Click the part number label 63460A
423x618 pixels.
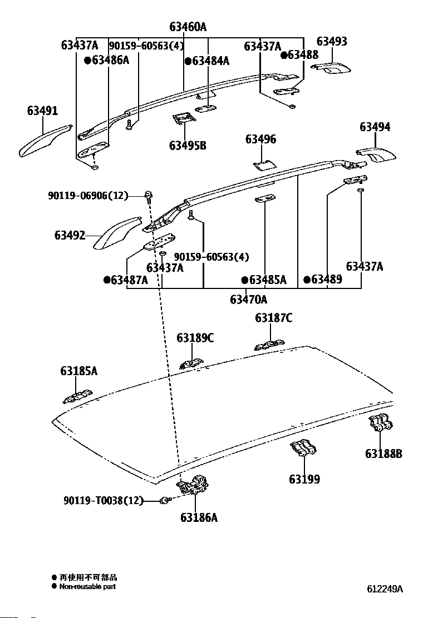(x=188, y=27)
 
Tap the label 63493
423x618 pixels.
(x=332, y=41)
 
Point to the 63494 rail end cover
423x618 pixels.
(x=376, y=154)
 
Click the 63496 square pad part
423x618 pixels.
(x=264, y=165)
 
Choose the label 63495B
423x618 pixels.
(x=188, y=146)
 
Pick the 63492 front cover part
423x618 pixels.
(x=116, y=232)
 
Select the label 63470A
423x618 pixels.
(x=248, y=300)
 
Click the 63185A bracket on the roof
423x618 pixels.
(x=76, y=397)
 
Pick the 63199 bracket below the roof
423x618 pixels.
(x=303, y=449)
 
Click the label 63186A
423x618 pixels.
(x=199, y=517)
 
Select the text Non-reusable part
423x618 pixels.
(x=87, y=586)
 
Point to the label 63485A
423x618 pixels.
(x=267, y=280)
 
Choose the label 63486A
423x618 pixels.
(x=110, y=60)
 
